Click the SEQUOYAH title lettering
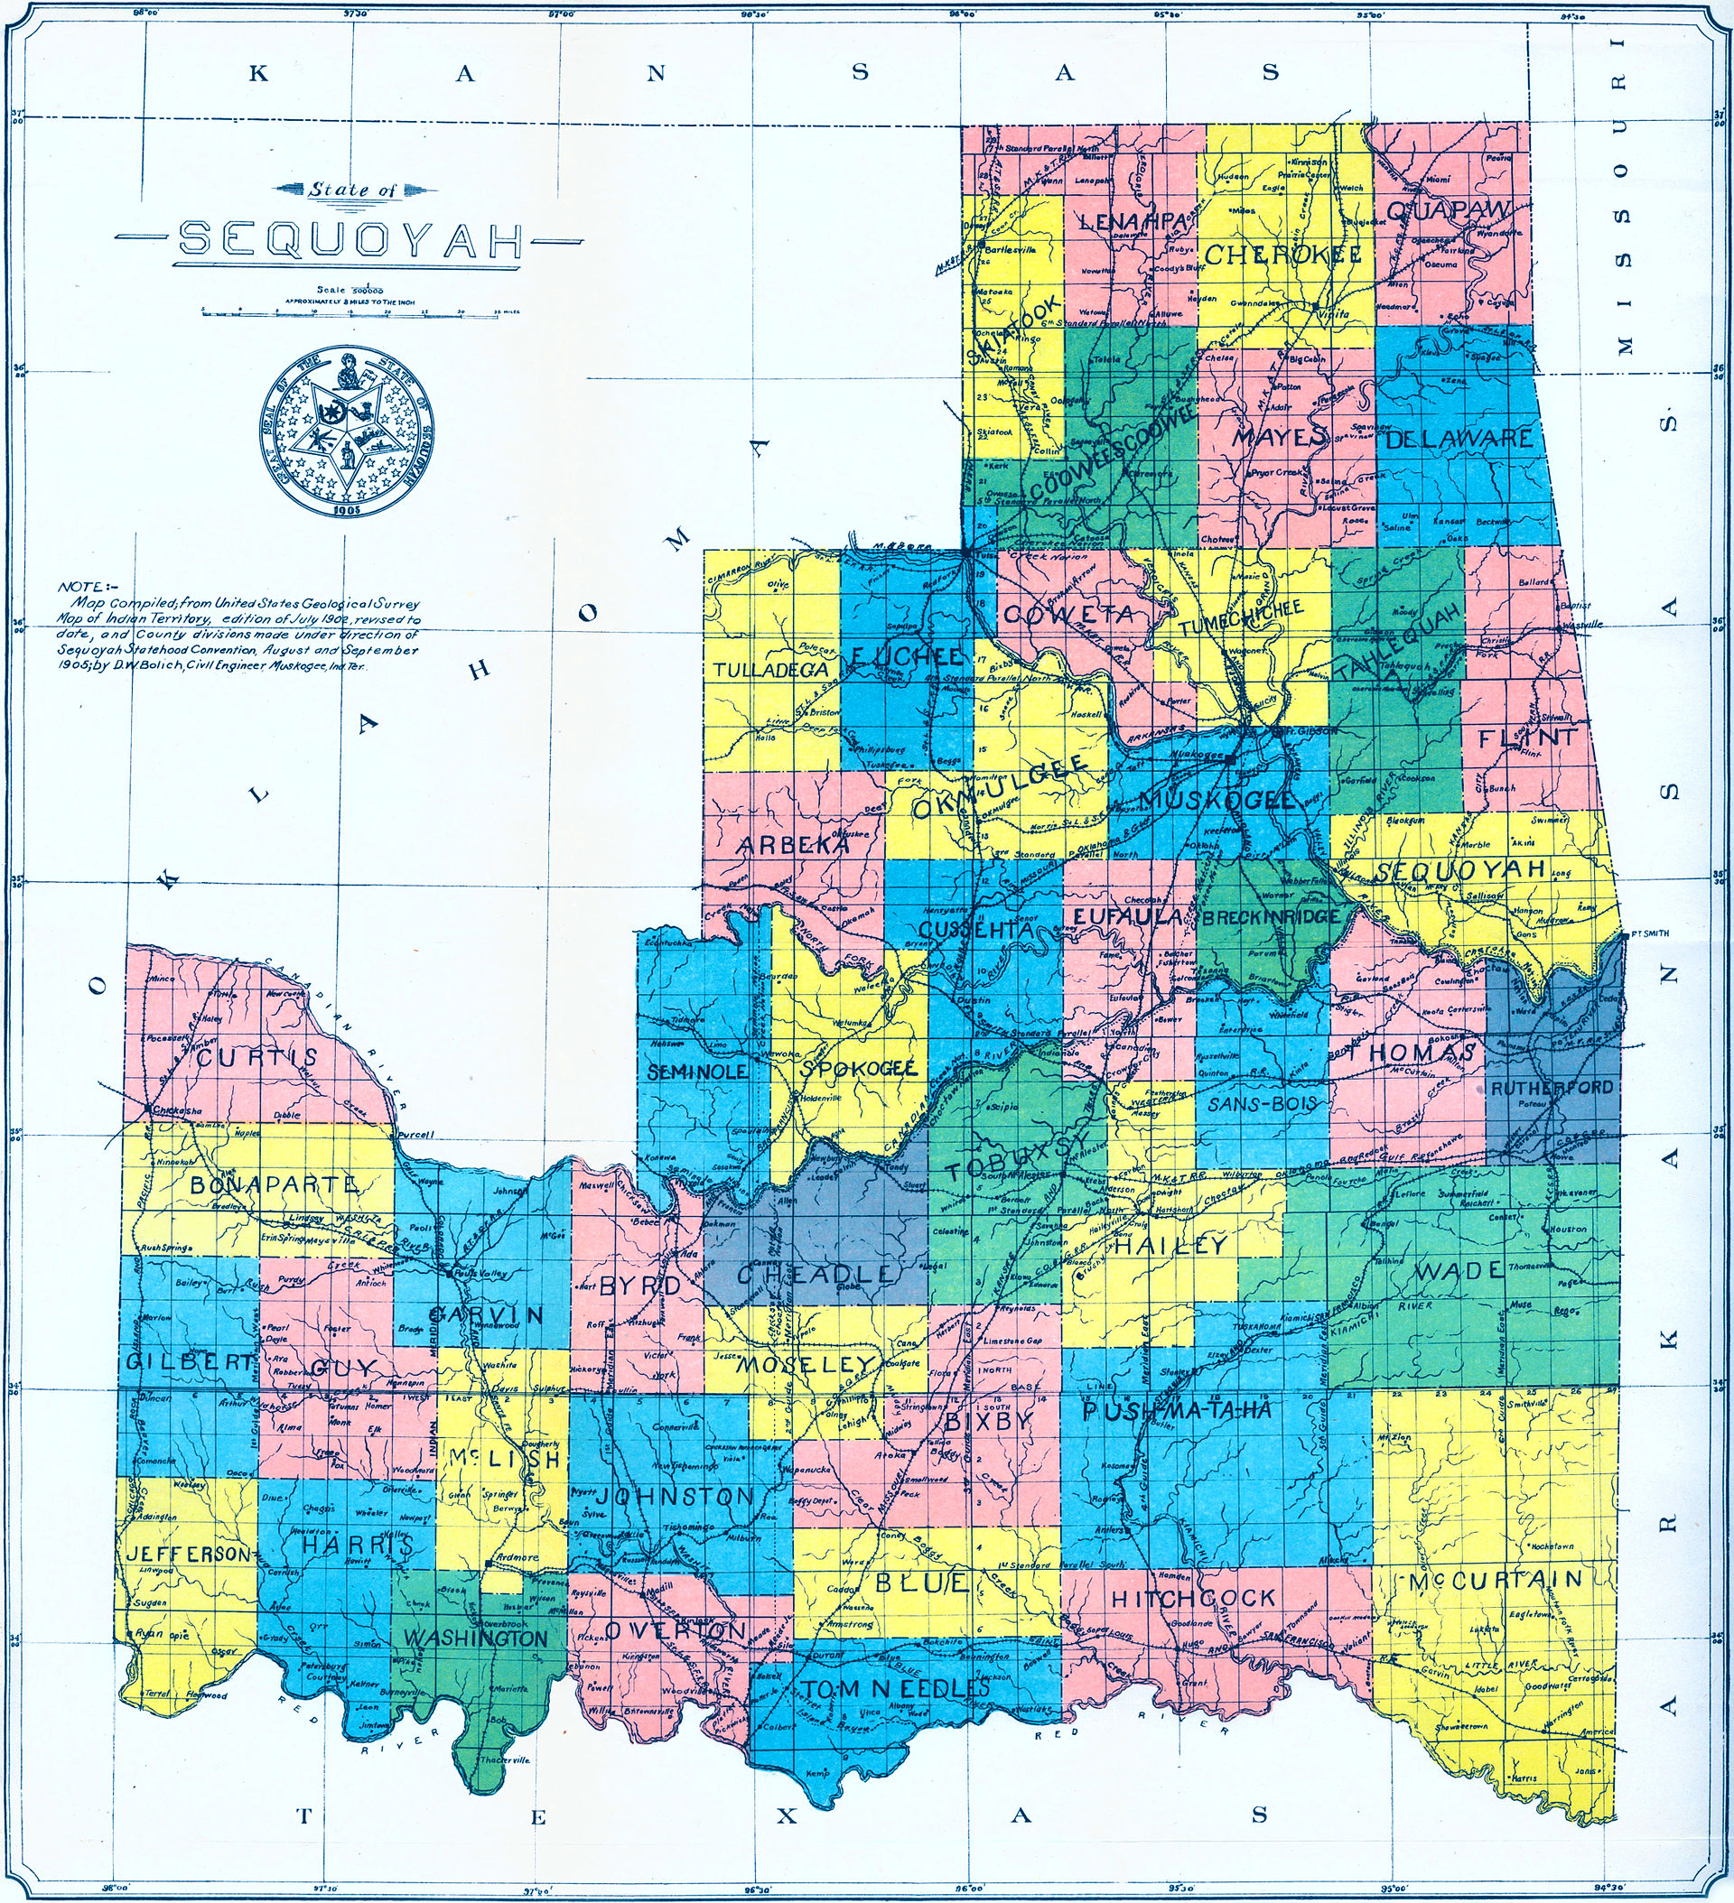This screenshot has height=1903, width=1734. pos(351,241)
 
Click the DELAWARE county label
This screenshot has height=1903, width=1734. pos(1459,438)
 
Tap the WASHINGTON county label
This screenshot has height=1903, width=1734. pos(476,1638)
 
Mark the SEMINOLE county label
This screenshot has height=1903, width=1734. pos(697,1072)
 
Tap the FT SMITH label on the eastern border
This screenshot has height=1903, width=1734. pos(1648,933)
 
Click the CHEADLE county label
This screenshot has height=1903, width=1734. pos(813,1274)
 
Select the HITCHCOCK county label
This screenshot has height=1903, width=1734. pos(1193,1598)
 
